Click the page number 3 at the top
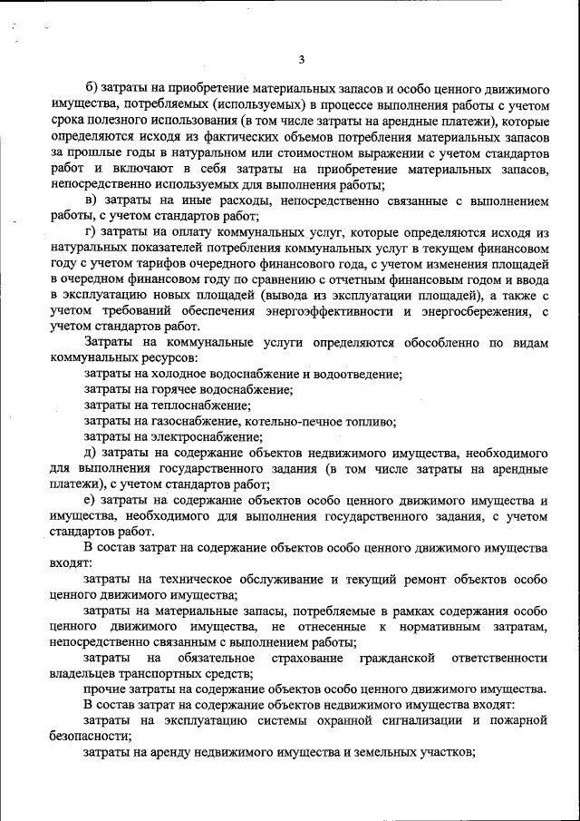pos(302,60)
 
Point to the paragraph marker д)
pos(91,453)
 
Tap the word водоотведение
pos(357,374)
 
